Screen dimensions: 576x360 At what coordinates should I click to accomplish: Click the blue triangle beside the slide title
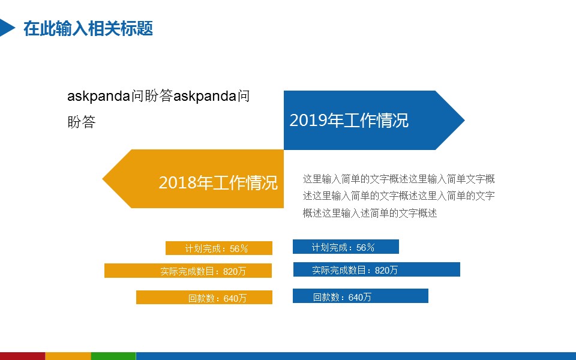6,28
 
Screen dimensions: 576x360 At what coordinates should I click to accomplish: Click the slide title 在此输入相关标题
88,28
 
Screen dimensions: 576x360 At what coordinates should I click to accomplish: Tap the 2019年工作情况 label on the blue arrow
349,120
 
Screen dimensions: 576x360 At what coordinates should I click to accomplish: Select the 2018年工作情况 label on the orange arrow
218,182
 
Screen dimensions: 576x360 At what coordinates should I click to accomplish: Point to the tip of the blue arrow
464,120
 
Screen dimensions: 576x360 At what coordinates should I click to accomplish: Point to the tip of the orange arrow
103,179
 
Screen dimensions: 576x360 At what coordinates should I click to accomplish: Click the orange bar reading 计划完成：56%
219,248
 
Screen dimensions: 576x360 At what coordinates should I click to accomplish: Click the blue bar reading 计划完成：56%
346,247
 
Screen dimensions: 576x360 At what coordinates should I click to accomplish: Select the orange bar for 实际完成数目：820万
188,271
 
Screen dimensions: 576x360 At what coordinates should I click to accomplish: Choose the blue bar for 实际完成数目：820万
377,269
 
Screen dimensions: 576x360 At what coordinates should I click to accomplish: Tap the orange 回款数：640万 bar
204,297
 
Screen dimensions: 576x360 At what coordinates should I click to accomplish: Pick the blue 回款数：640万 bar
361,296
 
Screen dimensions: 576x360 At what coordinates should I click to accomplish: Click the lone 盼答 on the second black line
82,122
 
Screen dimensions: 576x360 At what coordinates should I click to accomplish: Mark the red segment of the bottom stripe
22,356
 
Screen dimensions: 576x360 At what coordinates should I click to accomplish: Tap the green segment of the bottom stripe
113,356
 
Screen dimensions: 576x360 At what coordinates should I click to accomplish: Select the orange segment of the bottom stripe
68,356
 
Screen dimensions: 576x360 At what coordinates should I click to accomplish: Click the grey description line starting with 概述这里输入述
370,213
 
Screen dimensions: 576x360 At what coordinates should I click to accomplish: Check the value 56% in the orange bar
239,248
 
